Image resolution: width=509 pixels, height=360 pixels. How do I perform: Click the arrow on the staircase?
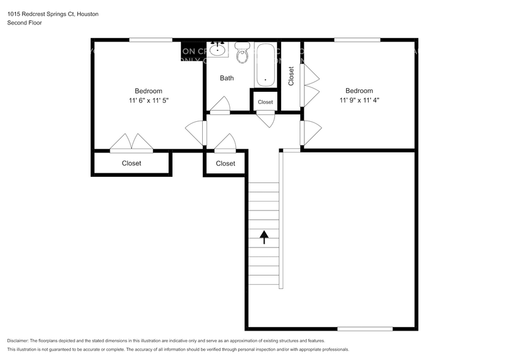coord(265,237)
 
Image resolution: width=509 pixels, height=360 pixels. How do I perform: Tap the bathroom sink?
coord(217,49)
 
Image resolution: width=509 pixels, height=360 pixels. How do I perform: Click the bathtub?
coord(265,64)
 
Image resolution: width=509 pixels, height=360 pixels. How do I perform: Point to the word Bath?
coord(227,78)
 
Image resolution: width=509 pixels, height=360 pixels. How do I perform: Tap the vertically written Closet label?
coord(291,76)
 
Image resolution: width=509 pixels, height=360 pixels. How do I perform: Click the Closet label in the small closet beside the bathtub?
coord(265,102)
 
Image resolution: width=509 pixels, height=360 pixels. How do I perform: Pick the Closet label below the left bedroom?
coord(131,163)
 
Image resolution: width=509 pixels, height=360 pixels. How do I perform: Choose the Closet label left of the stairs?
coord(225,163)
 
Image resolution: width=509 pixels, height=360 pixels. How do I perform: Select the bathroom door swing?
coord(220,105)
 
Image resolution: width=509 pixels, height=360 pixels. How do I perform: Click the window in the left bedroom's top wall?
coord(151,40)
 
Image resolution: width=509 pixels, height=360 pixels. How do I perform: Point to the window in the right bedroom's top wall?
coord(356,40)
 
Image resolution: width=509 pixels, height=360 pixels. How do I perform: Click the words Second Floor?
coord(25,23)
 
